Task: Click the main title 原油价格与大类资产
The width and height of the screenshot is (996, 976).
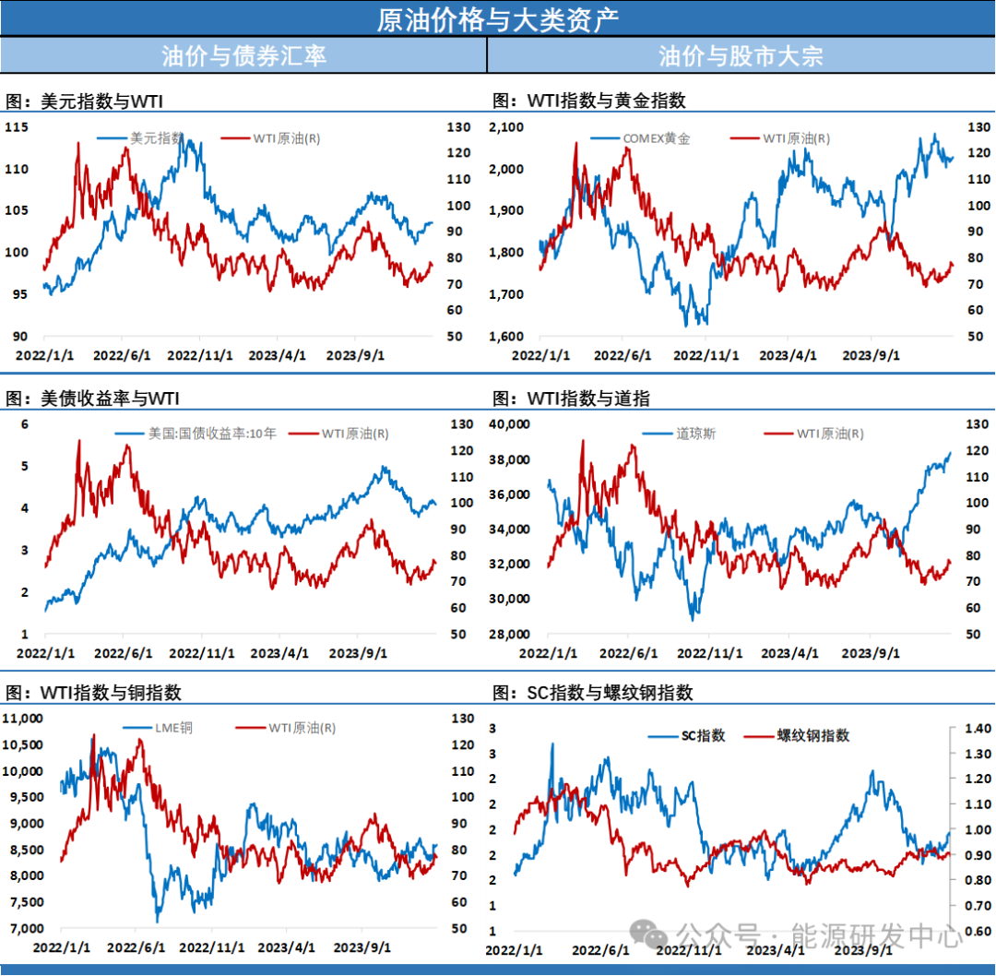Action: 497,19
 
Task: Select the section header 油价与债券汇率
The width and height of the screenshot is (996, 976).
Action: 243,55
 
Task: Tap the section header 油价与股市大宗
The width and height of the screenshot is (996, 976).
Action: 741,55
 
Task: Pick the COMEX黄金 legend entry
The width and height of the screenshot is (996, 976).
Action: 657,139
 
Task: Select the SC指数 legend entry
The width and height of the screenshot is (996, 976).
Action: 704,735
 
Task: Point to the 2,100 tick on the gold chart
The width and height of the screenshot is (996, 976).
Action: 505,127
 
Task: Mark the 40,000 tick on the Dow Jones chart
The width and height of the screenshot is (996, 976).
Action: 508,424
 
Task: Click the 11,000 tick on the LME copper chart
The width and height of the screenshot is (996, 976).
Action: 24,719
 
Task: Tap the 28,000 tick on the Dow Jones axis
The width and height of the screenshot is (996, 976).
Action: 508,634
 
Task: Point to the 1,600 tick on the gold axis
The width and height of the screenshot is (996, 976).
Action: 505,337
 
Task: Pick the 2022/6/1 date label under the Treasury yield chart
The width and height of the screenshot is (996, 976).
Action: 123,653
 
